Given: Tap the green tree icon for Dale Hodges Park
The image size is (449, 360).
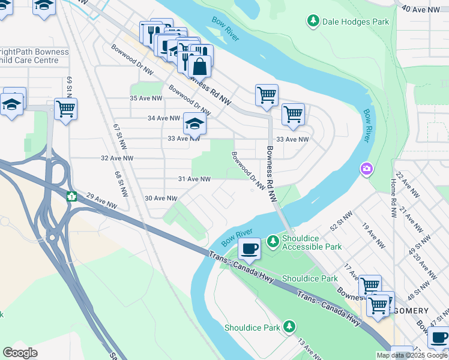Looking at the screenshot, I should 313,22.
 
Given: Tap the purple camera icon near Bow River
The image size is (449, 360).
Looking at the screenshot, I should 366,170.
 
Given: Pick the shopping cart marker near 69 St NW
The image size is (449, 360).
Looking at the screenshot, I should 65,109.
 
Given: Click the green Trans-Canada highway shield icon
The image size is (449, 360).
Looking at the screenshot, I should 71,196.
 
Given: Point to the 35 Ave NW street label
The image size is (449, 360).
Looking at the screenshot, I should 146,98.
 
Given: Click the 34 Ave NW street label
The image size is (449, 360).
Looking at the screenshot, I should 164,118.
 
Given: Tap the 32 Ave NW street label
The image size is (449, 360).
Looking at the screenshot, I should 117,158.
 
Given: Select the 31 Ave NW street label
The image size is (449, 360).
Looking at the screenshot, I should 194,179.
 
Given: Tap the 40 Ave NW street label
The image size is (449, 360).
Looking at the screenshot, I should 418,8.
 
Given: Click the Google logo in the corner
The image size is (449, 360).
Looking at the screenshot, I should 20,353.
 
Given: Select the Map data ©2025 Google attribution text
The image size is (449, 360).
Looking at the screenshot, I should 411,355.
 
